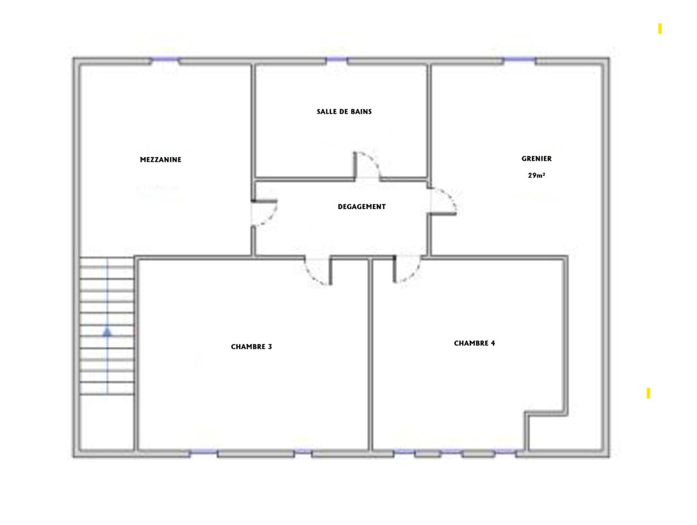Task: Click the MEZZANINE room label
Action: pyautogui.click(x=161, y=159)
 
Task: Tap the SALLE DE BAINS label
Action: pyautogui.click(x=344, y=112)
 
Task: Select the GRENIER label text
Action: pyautogui.click(x=536, y=158)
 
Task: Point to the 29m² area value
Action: pyautogui.click(x=536, y=175)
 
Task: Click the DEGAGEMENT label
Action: pyautogui.click(x=361, y=207)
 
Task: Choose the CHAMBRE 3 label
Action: pyautogui.click(x=251, y=347)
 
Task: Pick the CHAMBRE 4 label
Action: pyautogui.click(x=474, y=343)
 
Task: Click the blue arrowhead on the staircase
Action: pyautogui.click(x=107, y=332)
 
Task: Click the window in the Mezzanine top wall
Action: pyautogui.click(x=165, y=59)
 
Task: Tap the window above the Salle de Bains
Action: pyautogui.click(x=337, y=59)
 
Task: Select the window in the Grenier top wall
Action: pyautogui.click(x=519, y=59)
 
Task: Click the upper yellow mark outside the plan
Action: pyautogui.click(x=660, y=29)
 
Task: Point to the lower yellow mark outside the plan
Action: pyautogui.click(x=648, y=393)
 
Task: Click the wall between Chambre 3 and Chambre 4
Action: pyautogui.click(x=370, y=354)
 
